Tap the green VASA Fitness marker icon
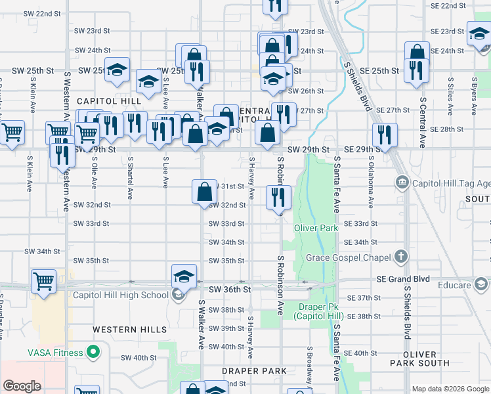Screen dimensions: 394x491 pos(93,353)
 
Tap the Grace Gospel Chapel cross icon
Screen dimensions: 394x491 pos(401,257)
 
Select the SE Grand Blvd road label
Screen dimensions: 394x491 pos(403,279)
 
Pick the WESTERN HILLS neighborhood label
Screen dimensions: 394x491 pos(122,329)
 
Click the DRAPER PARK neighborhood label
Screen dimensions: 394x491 pos(254,371)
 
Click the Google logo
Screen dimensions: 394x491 pos(22,386)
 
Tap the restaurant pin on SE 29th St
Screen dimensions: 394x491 pos(385,134)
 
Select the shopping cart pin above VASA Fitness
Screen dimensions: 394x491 pos(43,280)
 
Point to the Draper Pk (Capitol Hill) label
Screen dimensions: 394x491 pos(317,311)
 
